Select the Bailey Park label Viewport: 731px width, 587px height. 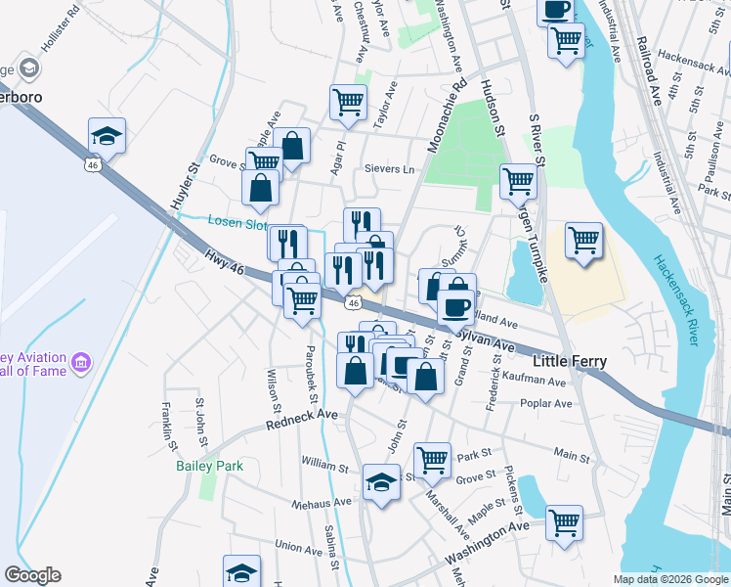209,466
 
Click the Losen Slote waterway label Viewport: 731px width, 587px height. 236,222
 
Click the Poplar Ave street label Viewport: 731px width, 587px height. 546,403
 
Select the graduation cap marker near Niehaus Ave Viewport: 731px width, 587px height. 382,480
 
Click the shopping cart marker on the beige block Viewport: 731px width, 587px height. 583,238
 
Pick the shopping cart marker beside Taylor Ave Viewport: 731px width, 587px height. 348,101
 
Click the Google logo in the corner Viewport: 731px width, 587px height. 32,574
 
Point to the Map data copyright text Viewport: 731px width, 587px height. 669,579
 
